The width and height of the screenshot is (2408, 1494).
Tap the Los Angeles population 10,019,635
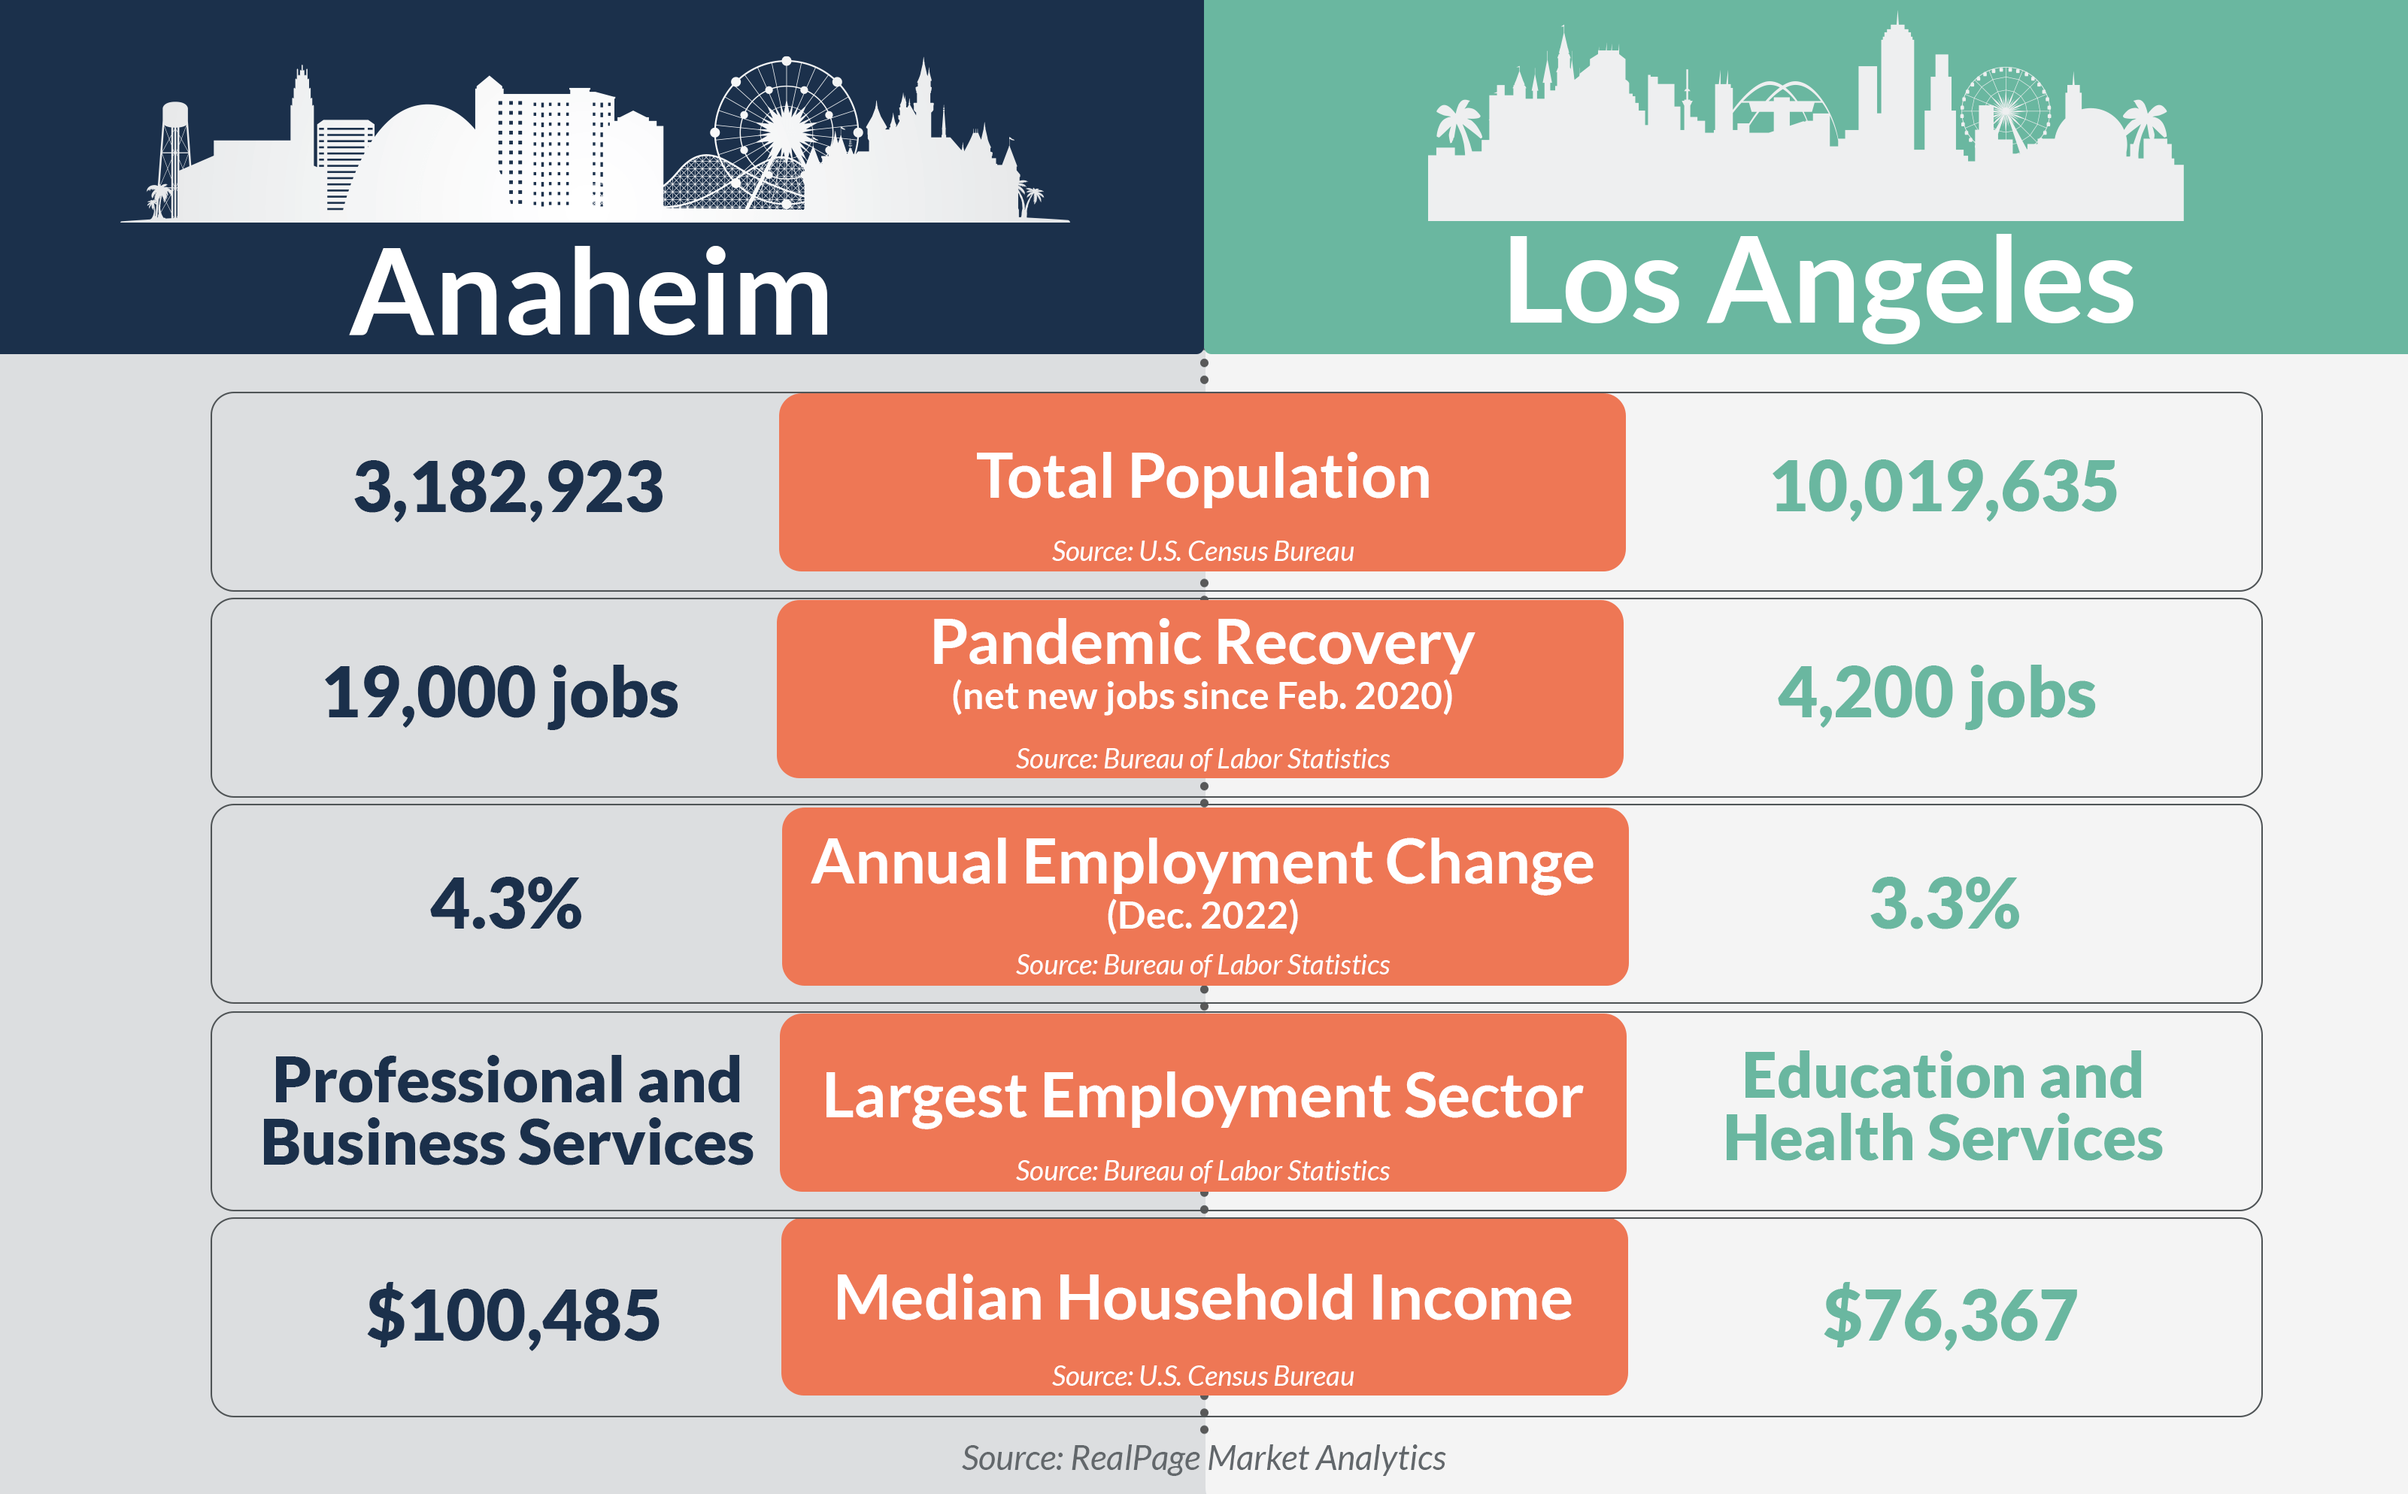pos(1942,487)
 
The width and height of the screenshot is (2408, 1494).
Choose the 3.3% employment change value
pos(1943,903)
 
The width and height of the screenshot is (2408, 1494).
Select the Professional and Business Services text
pos(507,1111)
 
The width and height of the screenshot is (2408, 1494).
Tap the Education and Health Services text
pos(1942,1107)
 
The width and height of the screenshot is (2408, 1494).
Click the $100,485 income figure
pos(513,1315)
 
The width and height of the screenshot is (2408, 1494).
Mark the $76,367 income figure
pos(1949,1315)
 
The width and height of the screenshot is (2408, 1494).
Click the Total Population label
pos(1202,477)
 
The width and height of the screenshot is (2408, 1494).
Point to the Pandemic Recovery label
pos(1202,644)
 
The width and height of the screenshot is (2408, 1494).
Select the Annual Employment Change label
pos(1202,862)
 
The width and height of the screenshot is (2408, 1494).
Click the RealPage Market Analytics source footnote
pos(1202,1457)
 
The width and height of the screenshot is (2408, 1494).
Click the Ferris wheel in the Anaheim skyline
pos(786,126)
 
